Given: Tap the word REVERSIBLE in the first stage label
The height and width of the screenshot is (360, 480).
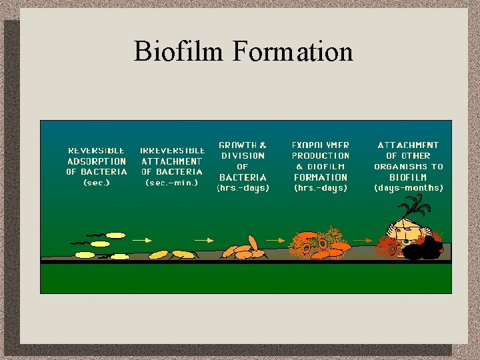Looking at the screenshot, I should tap(97, 150).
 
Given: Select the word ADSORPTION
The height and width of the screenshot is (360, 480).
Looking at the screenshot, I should tap(97, 161).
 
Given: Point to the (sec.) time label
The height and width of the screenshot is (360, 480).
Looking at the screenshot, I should tap(97, 183).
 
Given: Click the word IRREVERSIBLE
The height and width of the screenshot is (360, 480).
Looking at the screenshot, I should tap(172, 150).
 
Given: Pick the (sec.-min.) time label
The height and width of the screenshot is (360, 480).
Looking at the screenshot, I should tap(172, 183).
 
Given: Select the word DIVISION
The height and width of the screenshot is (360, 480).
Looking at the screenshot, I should tap(243, 155).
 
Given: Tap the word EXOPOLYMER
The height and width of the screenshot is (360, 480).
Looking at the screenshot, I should tap(321, 145).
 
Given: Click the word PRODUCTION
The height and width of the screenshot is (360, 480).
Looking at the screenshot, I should tap(321, 155).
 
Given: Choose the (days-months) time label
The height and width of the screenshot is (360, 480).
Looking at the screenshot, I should tap(408, 188).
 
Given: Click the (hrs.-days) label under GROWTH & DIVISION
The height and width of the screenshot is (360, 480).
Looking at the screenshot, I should tap(243, 188).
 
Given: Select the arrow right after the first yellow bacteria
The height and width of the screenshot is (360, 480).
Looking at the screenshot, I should tap(141, 239).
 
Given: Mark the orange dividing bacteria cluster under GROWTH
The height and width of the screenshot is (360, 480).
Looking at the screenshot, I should tap(243, 249).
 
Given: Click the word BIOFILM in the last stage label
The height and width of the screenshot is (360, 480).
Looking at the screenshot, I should tap(408, 177).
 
